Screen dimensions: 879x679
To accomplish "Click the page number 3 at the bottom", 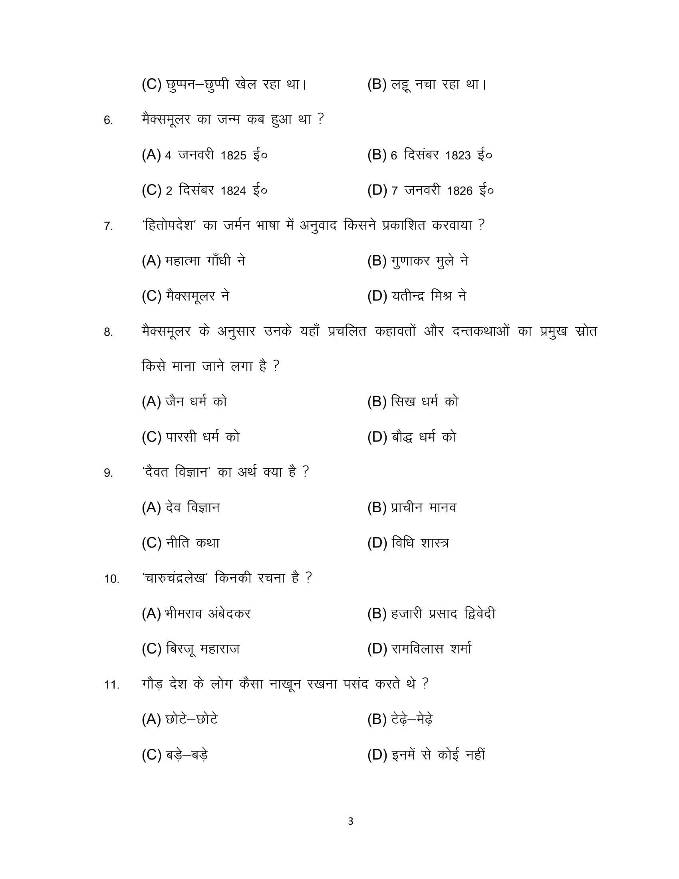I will point(350,821).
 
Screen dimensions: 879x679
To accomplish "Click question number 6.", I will point(108,120).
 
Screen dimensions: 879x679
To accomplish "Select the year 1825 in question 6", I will point(233,155).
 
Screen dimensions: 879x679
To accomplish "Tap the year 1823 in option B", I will point(458,155).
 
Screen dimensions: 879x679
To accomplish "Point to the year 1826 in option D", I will point(459,191).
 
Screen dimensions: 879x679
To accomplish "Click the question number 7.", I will point(108,226).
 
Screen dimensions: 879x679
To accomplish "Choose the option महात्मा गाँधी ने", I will point(205,261).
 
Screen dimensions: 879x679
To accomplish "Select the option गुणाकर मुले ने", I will point(429,261).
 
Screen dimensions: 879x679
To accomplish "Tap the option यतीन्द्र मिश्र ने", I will point(429,296).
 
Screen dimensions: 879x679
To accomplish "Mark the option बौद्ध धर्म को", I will point(423,437).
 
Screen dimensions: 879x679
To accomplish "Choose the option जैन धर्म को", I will point(196,402).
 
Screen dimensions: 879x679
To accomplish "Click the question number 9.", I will point(108,473).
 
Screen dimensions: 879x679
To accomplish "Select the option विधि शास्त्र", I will point(420,543).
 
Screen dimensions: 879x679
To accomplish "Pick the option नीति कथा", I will point(193,543).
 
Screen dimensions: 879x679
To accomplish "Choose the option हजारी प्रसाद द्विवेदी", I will point(443,614).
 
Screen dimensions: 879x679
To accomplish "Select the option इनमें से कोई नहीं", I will point(438,755).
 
